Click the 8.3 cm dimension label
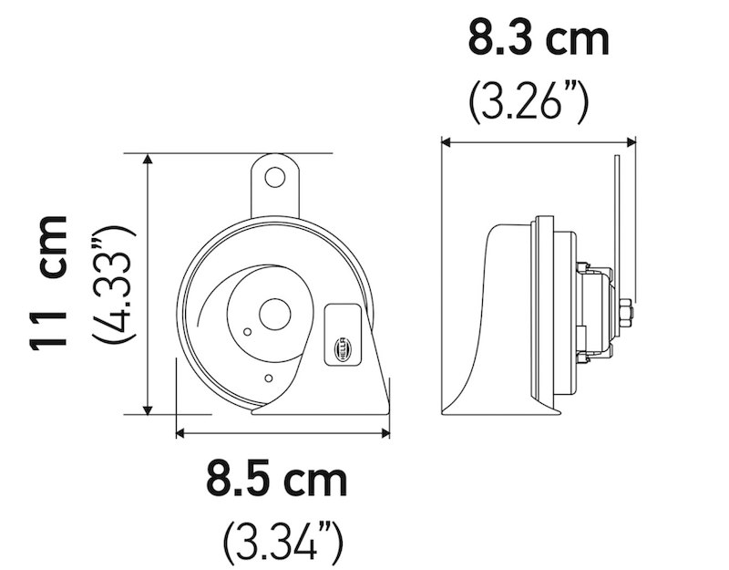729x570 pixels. [x=538, y=41]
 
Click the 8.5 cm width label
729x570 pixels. [x=276, y=479]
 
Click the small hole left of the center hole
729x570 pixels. [x=247, y=331]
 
